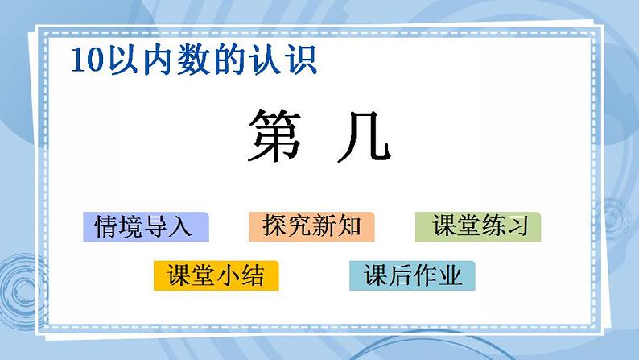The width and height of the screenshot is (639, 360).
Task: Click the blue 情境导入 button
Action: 146,227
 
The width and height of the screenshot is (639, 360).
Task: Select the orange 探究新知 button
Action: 311,227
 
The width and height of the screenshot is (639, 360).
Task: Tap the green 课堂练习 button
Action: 478,227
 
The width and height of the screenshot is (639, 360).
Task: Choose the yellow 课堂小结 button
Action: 216,276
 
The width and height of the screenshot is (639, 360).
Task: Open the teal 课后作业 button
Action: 412,276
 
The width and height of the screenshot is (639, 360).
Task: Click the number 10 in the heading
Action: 84,61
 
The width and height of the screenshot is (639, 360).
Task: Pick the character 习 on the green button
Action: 515,227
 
